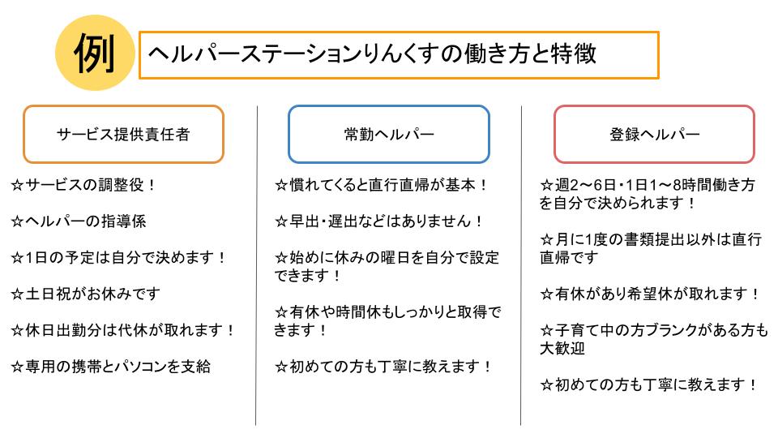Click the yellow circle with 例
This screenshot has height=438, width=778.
point(95,53)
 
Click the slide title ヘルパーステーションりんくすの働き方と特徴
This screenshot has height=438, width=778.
point(372,54)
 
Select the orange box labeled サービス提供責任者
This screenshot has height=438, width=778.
point(123,134)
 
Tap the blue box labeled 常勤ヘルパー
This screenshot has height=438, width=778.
point(389,134)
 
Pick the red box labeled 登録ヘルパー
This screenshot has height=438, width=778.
point(655,134)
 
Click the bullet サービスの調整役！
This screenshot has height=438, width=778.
point(83,185)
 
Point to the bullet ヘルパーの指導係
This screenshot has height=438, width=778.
point(79,221)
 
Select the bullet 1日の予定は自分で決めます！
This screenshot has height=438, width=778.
point(119,258)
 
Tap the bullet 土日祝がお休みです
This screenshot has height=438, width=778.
point(86,294)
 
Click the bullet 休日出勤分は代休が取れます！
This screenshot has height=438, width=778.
point(123,330)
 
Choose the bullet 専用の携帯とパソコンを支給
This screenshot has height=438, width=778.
point(111,367)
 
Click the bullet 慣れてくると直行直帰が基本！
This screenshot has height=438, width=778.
point(382,185)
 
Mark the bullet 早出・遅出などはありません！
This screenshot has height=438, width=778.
point(379,221)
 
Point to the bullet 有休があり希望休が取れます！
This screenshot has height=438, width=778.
point(651,294)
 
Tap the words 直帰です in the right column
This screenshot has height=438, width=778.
point(569,258)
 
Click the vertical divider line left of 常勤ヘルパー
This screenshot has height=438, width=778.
point(257,266)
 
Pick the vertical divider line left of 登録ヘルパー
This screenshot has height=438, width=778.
point(521,266)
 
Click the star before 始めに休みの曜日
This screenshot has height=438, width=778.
point(281,258)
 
